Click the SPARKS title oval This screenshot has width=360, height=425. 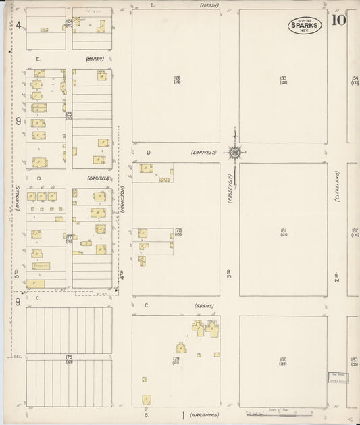[305, 25]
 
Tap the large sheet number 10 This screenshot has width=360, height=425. [339, 20]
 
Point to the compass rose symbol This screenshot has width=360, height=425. [234, 153]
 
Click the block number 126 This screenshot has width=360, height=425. [177, 77]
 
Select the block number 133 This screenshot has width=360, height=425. [283, 78]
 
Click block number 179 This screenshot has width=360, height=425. [176, 359]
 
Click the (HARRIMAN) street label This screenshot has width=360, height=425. [205, 415]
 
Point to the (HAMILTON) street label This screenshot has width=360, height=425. [122, 201]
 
